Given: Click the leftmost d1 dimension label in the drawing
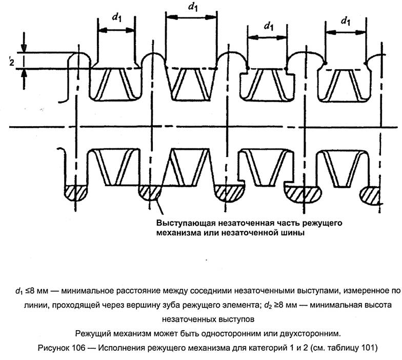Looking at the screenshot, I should (116, 16).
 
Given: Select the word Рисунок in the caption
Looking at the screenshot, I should (54, 348).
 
